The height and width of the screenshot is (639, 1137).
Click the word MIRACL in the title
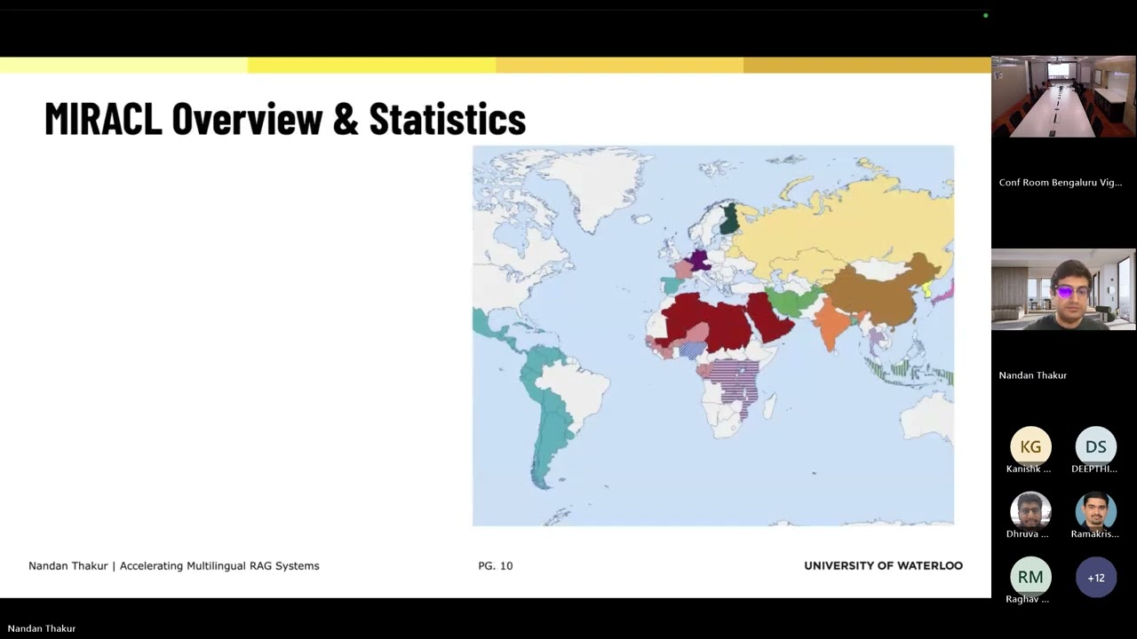tap(103, 119)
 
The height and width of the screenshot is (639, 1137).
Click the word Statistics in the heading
tap(447, 119)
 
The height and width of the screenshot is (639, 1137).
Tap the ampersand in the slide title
tap(345, 119)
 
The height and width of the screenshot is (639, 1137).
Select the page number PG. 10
tap(495, 565)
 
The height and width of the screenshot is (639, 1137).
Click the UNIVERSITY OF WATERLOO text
tap(883, 565)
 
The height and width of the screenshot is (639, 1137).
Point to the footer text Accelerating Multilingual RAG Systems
tap(219, 565)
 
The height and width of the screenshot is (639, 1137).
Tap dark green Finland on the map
tap(729, 218)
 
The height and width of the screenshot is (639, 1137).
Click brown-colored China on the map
tap(879, 293)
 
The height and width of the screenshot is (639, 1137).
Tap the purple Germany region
tap(700, 261)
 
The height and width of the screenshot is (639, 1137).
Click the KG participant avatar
tap(1030, 446)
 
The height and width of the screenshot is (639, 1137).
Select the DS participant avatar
tap(1095, 446)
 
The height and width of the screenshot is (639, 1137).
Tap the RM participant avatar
tap(1030, 577)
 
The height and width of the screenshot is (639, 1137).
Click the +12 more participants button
tap(1095, 577)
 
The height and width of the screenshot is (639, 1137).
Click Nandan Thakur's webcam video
tap(1063, 289)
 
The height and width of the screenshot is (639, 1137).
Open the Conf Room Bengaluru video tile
tap(1063, 97)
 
